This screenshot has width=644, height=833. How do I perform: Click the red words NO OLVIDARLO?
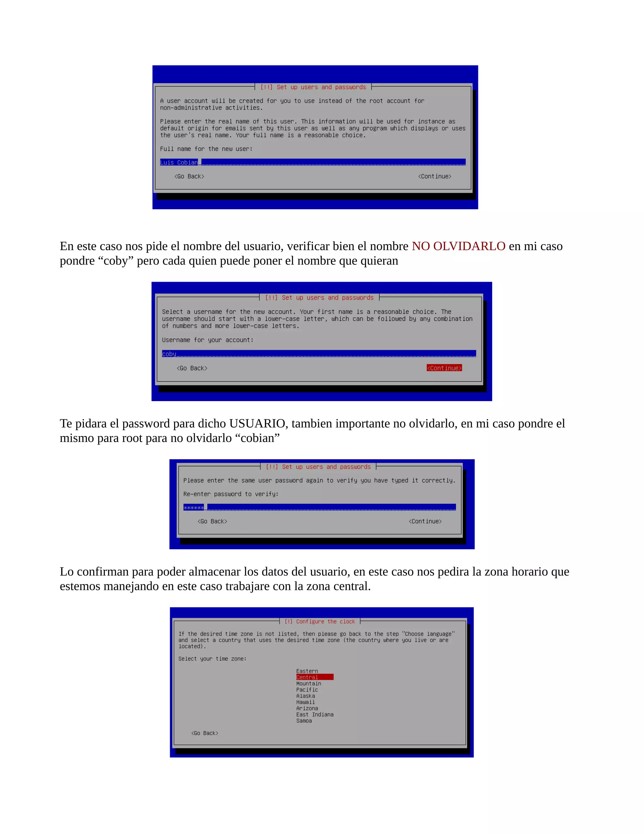pos(458,246)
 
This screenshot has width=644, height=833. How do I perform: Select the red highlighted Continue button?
pos(444,368)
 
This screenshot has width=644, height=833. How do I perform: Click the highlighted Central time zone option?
pos(314,677)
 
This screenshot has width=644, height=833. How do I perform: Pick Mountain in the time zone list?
pos(309,683)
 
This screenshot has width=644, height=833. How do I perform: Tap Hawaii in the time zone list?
pos(306,702)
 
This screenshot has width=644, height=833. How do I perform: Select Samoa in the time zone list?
pos(304,721)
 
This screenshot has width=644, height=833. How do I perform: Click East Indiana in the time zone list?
pos(315,715)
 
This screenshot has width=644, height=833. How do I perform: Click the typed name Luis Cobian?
pos(179,163)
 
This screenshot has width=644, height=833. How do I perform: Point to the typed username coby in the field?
pos(169,354)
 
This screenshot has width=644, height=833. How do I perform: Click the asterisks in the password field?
pos(193,508)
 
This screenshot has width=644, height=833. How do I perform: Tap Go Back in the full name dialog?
pos(189,176)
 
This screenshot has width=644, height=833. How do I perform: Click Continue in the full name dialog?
pos(435,176)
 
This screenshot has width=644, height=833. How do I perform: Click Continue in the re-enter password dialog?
pos(425,521)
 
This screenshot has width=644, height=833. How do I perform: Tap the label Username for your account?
pos(208,340)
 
